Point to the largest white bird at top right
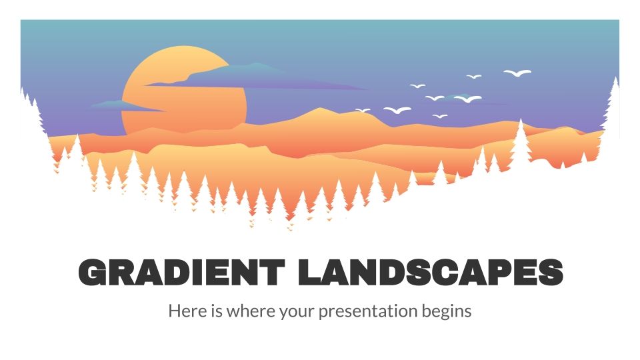coord(517,72)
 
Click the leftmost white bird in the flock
coord(363,110)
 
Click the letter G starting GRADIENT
coord(94,273)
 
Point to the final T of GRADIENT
coord(273,273)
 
